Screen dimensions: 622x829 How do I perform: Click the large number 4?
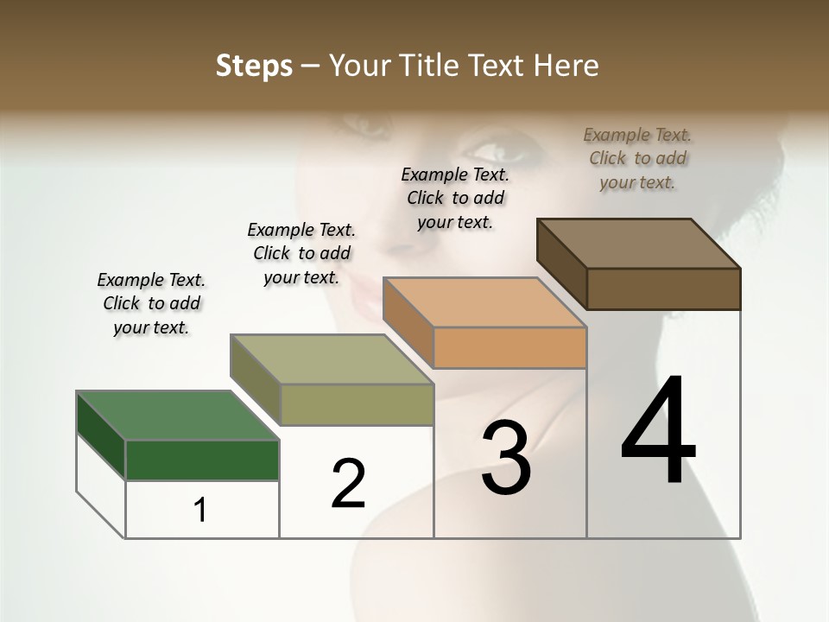click(x=658, y=431)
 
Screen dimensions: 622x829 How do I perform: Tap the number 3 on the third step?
click(x=506, y=458)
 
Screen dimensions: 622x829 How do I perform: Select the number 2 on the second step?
click(x=348, y=483)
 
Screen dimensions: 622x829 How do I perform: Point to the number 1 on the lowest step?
click(x=199, y=511)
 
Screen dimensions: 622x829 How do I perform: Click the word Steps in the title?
click(x=253, y=66)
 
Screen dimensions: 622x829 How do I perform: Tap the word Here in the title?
click(x=566, y=66)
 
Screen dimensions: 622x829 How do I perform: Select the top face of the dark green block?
click(x=178, y=416)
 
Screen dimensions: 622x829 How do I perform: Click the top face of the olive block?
click(x=332, y=359)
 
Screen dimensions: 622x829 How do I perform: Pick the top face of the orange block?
click(x=484, y=302)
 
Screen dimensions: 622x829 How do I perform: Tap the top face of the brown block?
click(x=639, y=244)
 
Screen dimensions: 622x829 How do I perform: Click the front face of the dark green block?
click(x=202, y=460)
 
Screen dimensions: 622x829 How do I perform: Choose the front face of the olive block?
click(x=357, y=404)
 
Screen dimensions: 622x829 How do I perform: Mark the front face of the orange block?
click(x=509, y=347)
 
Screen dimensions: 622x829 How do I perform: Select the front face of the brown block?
click(x=663, y=289)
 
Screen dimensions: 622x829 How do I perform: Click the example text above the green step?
click(x=151, y=303)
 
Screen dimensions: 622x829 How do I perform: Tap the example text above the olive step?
click(x=301, y=253)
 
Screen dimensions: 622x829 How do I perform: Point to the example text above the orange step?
click(x=455, y=198)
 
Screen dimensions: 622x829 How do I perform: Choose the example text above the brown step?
click(x=637, y=158)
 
